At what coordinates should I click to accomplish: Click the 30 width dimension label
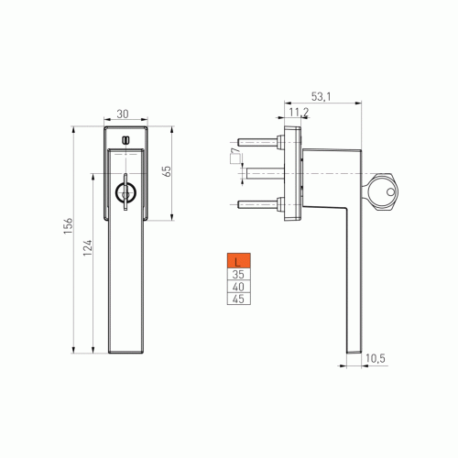pos(123,114)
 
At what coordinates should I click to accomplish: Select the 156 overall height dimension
pos(68,226)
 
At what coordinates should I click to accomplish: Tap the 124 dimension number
pos(87,247)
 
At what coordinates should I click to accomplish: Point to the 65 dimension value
pos(167,171)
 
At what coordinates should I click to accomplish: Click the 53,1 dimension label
pos(321,97)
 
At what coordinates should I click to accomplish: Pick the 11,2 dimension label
pos(299,112)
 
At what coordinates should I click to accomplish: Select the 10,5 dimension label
pos(376,358)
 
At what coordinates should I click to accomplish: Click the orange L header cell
pos(239,261)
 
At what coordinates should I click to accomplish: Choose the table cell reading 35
pos(239,275)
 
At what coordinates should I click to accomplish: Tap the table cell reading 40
pos(239,287)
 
